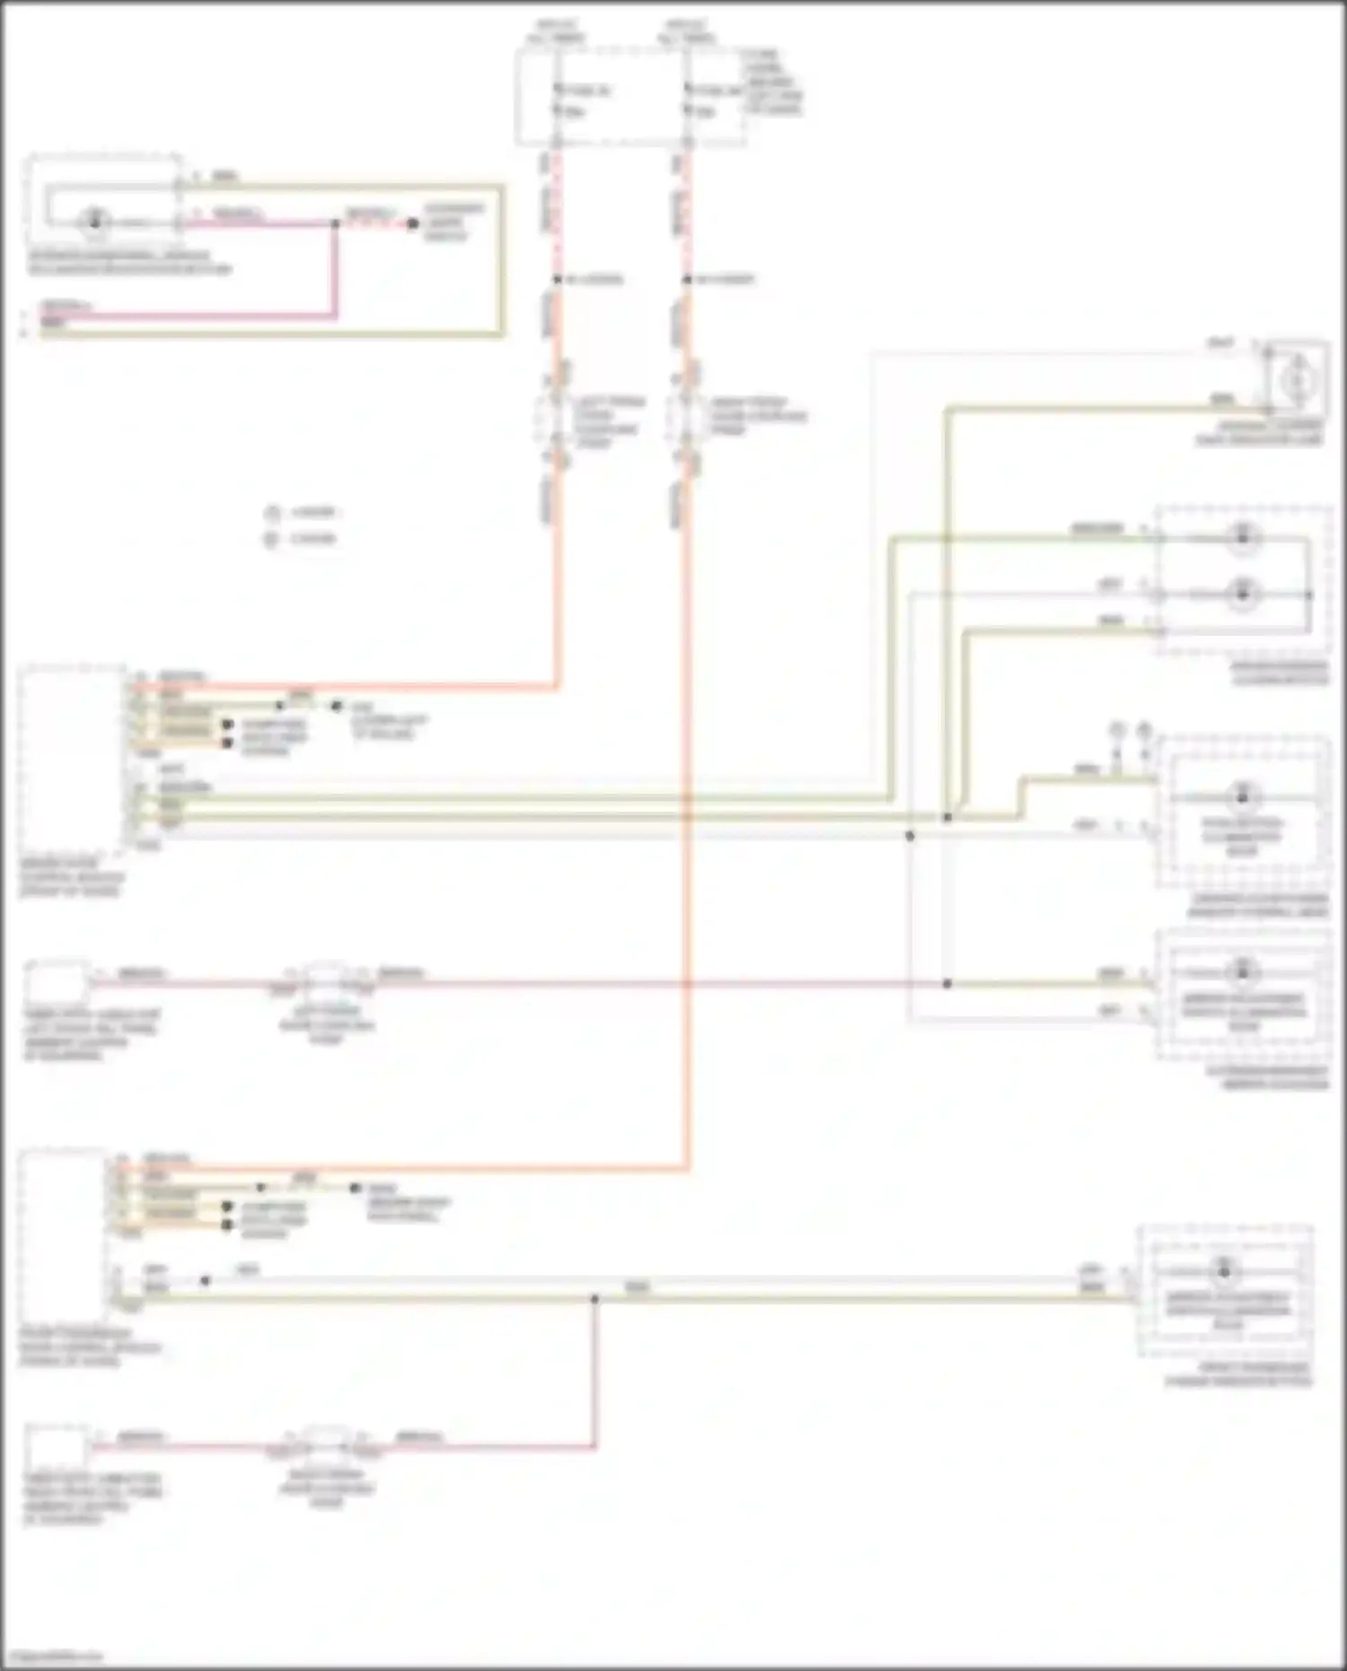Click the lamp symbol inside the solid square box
[1294, 382]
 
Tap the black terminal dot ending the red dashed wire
[412, 224]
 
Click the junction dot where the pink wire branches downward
[335, 224]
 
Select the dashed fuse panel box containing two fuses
[629, 97]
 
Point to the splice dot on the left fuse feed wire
[557, 279]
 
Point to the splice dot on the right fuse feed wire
[687, 279]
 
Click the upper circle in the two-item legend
[271, 513]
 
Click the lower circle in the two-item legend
[271, 539]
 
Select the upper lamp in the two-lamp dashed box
[1243, 537]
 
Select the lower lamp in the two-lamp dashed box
[1243, 594]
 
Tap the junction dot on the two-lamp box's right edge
[1308, 594]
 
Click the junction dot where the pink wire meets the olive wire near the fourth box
[946, 983]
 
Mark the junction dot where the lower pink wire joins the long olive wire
[594, 1298]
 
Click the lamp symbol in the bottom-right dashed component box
[1223, 1271]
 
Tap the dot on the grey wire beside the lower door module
[206, 1280]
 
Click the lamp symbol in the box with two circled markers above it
[1243, 796]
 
